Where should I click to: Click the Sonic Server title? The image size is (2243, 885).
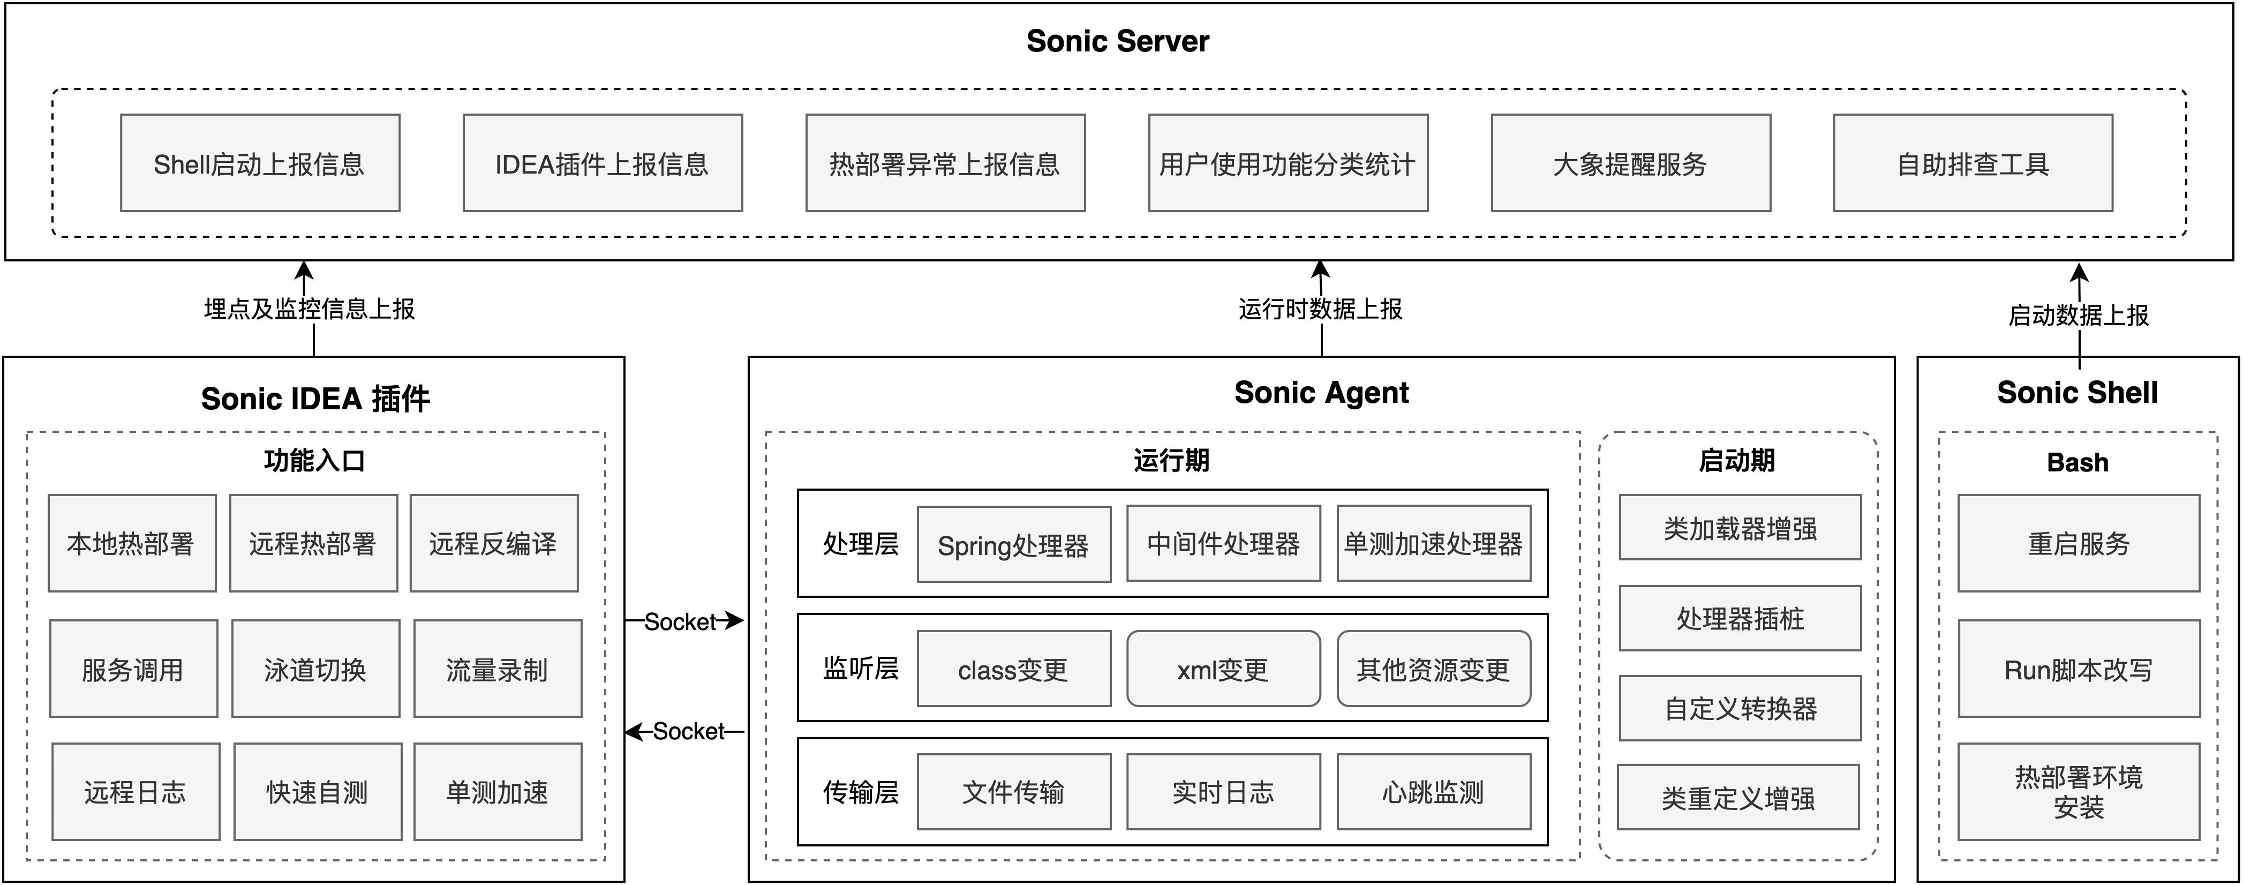click(1117, 41)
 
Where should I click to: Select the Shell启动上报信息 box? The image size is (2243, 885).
click(259, 163)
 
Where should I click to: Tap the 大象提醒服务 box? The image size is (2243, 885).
click(1630, 163)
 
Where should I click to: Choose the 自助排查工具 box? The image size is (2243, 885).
click(1972, 163)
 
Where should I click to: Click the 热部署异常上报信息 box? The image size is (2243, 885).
click(945, 163)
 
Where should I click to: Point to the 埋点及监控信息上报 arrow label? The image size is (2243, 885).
click(309, 309)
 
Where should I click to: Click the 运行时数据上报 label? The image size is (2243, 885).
click(1320, 309)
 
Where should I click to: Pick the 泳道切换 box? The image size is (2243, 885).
click(315, 669)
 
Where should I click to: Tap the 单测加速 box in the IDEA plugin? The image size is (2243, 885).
click(497, 792)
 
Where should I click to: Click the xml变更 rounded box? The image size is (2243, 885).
click(1223, 669)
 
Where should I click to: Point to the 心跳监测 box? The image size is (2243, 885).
click(1433, 792)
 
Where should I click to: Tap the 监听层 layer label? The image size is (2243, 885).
click(860, 668)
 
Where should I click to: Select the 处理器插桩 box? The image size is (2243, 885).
click(1740, 618)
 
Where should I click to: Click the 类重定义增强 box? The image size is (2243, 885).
click(1738, 798)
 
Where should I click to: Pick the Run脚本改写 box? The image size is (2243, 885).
click(2079, 669)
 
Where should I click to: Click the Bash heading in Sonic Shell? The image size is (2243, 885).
click(2078, 462)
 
